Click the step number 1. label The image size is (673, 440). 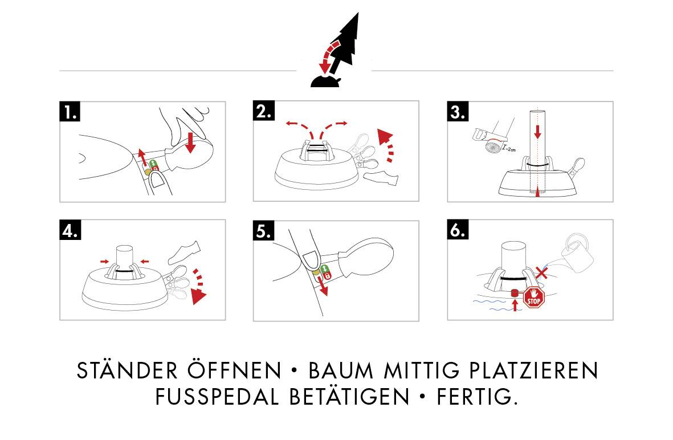pos(70,112)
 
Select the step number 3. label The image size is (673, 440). pos(458,112)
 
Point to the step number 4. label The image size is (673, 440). pos(70,230)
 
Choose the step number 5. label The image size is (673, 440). pos(264,231)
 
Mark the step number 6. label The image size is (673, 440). pos(458,230)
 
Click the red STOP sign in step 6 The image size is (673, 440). pos(534,298)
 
